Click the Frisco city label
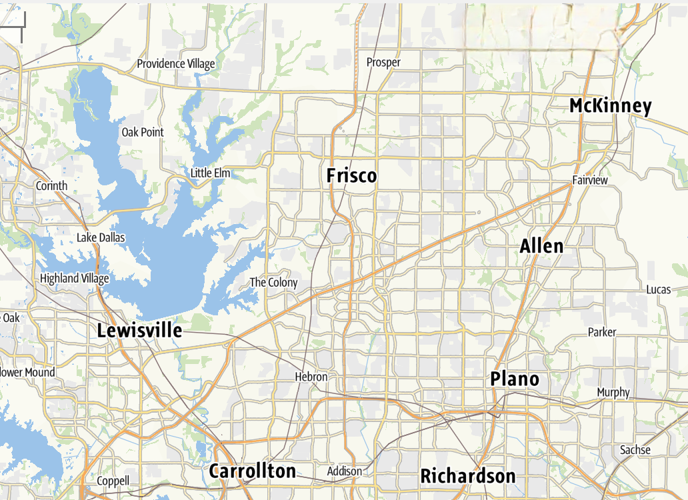pos(351,175)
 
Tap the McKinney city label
pos(610,106)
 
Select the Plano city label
pos(515,379)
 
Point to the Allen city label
pos(541,246)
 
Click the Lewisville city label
pos(139,330)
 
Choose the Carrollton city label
pos(252,471)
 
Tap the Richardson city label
pos(467,476)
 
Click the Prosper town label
pos(383,62)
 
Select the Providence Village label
pos(176,64)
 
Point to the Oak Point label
pos(143,132)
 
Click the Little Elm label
pos(210,173)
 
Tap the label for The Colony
pos(273,283)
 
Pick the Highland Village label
pos(74,279)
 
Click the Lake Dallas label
pos(101,237)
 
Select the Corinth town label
pos(51,186)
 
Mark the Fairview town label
pos(590,181)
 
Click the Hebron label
pos(311,377)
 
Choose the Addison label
pos(345,471)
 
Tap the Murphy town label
pos(613,392)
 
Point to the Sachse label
pos(635,450)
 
